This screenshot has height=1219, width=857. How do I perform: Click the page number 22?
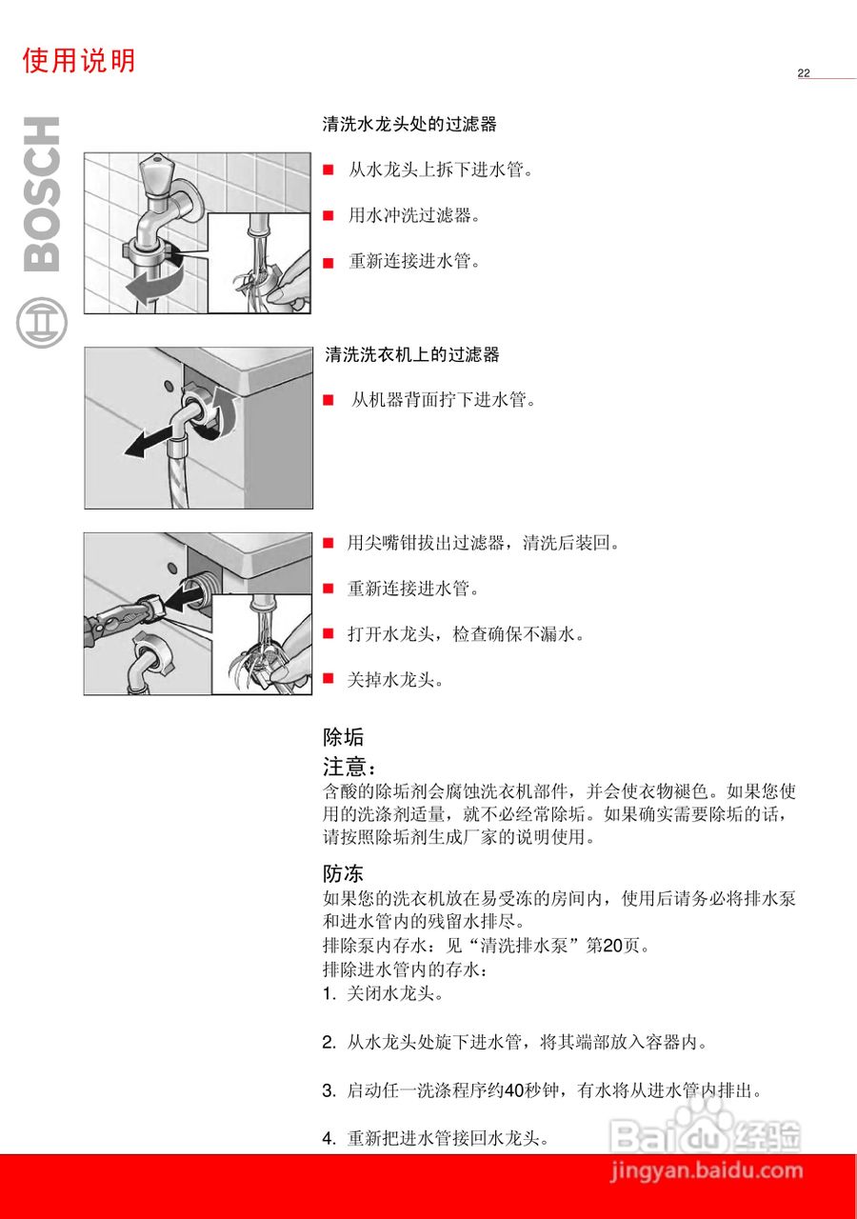[804, 73]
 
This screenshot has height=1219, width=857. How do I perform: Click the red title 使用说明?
[79, 61]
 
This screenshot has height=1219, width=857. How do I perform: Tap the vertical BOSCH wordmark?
[41, 194]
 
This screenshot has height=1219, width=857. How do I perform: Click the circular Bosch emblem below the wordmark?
[42, 323]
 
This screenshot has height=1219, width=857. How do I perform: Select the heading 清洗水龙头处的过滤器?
[409, 125]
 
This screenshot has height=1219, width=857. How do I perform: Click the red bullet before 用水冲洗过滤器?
[329, 215]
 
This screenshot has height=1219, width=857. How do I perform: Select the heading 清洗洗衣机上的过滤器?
[411, 355]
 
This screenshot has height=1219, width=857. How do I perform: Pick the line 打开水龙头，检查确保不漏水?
[466, 634]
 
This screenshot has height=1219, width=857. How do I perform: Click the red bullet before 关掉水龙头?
[329, 679]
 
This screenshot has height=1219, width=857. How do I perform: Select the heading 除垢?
[343, 737]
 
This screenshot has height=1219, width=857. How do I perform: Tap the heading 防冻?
[343, 873]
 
